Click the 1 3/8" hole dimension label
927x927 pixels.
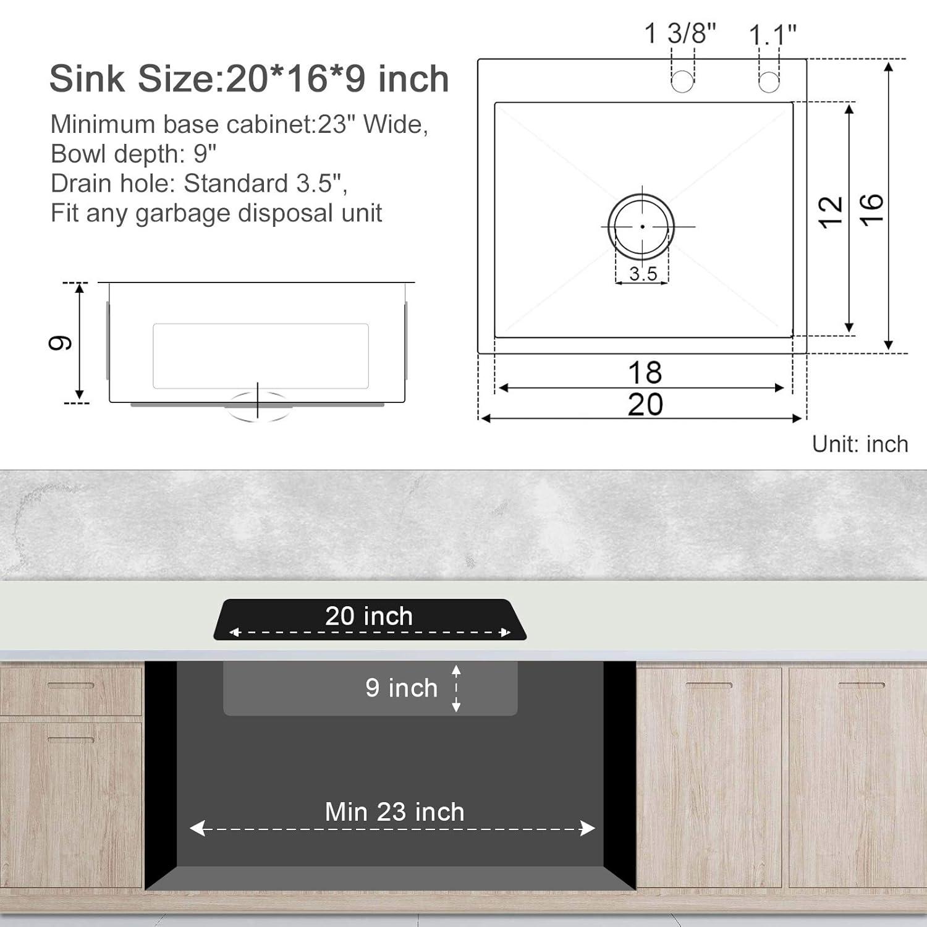680,33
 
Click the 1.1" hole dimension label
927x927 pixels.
772,35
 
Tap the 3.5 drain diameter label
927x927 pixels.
643,274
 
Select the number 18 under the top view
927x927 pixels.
645,373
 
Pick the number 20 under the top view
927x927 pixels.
645,405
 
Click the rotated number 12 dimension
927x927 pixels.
831,212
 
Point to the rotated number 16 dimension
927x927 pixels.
871,210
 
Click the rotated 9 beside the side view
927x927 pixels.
61,343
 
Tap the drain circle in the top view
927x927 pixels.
641,226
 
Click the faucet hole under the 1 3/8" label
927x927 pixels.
682,81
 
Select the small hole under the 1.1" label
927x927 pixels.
769,81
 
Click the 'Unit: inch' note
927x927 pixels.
860,444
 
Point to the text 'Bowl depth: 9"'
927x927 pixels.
133,154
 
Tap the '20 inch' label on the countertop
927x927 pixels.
369,616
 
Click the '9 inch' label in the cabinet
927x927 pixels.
401,688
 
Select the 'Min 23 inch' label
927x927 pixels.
394,812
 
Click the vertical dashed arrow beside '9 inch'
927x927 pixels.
456,688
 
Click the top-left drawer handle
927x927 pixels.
71,685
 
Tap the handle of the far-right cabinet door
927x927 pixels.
861,685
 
